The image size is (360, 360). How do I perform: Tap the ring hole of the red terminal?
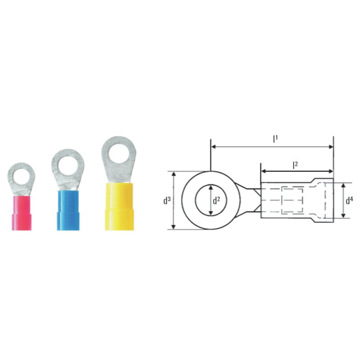tap(21, 175)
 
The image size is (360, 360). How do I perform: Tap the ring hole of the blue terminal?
tap(67, 162)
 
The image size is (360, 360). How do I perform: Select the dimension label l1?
tap(275, 139)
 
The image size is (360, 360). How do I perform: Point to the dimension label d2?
tap(216, 200)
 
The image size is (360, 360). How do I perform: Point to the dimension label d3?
tap(166, 200)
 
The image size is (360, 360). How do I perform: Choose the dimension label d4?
tap(349, 200)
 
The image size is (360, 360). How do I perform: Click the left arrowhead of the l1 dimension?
tap(214, 147)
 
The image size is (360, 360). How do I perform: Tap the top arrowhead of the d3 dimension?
tap(173, 174)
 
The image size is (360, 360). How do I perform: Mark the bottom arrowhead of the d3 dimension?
tap(173, 226)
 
